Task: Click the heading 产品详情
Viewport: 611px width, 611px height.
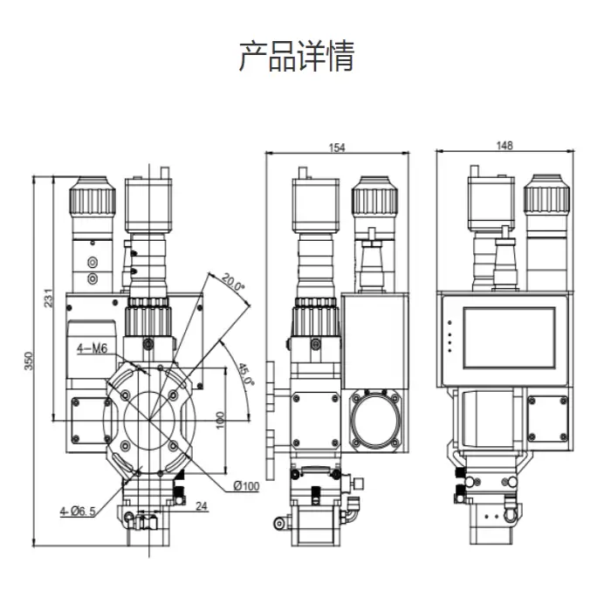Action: click(297, 56)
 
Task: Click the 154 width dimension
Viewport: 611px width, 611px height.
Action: click(337, 148)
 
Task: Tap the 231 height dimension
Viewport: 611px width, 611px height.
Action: click(49, 298)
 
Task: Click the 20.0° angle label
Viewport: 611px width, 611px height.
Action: click(234, 285)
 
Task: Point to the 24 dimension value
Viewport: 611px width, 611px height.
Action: click(202, 505)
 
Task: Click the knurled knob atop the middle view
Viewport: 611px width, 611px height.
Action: click(373, 199)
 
